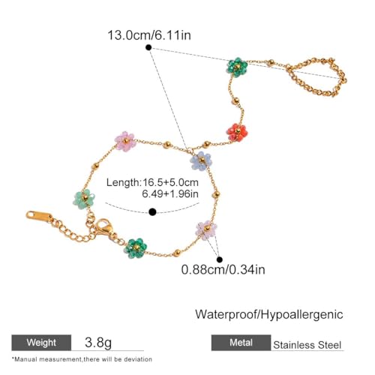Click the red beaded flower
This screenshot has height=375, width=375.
pos(237,133)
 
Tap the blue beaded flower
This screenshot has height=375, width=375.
pos(201,160)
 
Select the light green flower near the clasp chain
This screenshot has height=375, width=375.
pos(84,199)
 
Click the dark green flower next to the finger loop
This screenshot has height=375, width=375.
pos(237,67)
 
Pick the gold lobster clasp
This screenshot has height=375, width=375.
pos(104,227)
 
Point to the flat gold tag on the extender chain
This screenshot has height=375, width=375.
pos(40,216)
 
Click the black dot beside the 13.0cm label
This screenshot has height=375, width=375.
pos(148,47)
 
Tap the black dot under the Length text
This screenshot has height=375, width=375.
pos(152,212)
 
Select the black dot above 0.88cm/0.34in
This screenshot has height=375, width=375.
pos(220,259)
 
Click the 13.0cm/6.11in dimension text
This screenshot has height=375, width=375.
pos(149,35)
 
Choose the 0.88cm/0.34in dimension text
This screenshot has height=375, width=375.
pos(223,270)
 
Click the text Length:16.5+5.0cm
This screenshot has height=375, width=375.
pos(152,182)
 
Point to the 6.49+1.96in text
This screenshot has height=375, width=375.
pos(170,193)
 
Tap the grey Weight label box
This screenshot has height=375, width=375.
pos(41,343)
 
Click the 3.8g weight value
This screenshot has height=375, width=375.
pos(98,342)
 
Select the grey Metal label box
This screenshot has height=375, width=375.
pos(241,343)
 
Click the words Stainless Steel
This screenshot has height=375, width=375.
pos(307,345)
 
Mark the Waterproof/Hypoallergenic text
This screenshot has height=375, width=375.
pos(269,314)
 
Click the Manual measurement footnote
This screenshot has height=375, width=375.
pos(82,359)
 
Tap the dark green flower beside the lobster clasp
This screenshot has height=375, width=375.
pos(136,248)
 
